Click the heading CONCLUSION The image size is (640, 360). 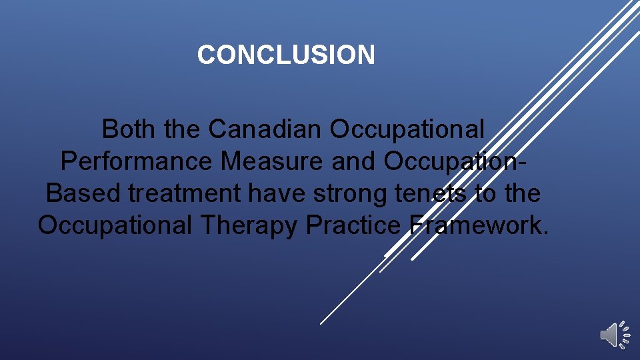coord(286,55)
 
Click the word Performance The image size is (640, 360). coord(137,161)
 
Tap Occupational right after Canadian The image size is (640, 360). coord(407,129)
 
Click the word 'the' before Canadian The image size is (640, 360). coord(181,129)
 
